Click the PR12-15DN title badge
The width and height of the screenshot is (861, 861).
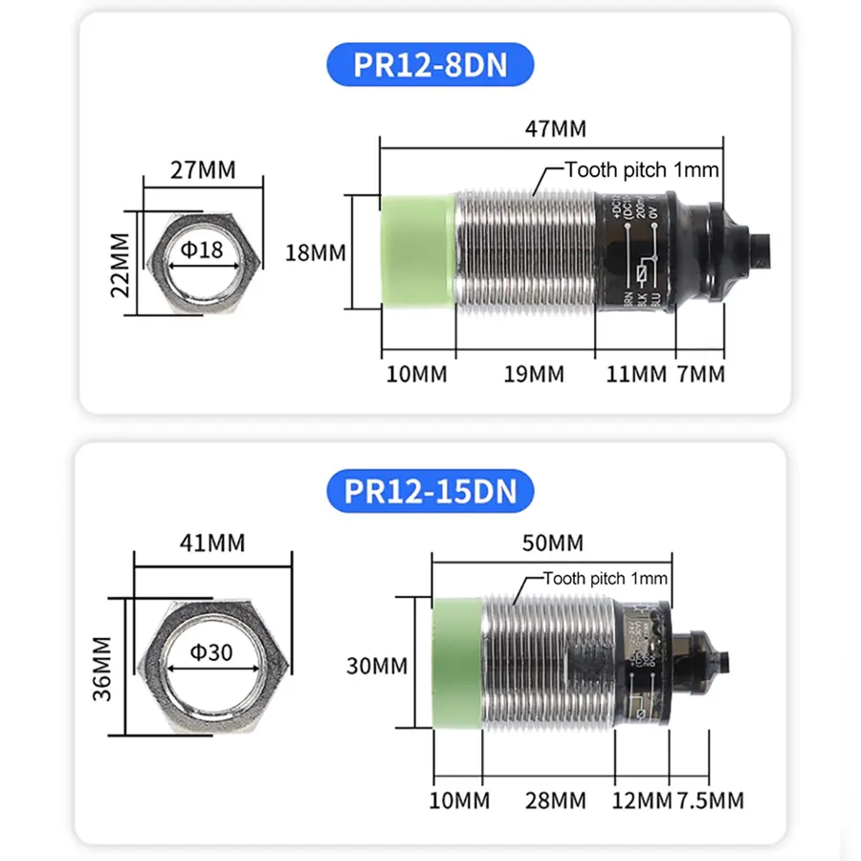coord(430,491)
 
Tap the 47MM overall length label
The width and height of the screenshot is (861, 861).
coord(555,128)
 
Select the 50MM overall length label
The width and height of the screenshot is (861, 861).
coord(552,542)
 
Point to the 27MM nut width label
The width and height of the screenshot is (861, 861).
coord(202,170)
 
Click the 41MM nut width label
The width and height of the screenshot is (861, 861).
coord(212,542)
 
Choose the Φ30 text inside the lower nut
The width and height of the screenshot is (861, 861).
coord(210,653)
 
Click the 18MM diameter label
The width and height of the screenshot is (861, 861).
coord(315,254)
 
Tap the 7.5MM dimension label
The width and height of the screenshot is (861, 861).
coord(711,800)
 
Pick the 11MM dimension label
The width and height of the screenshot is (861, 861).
coord(636,374)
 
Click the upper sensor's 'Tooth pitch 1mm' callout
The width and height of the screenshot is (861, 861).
coord(641,170)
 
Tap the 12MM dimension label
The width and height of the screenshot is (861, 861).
coord(642,800)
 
